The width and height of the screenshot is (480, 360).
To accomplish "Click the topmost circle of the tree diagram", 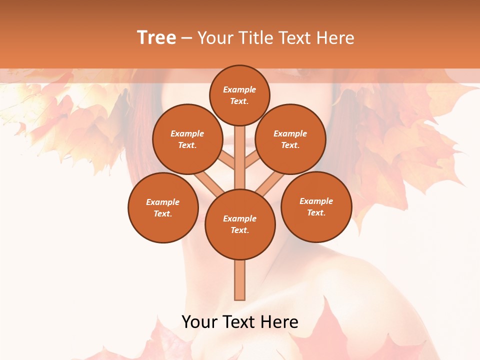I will tap(239, 95).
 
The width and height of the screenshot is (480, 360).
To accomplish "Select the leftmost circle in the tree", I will tap(163, 207).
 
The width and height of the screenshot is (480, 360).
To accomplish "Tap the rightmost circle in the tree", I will tap(316, 206).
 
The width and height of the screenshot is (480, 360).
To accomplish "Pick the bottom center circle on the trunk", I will tap(240, 224).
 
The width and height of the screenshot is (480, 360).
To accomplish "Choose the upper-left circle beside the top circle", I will tap(187, 139).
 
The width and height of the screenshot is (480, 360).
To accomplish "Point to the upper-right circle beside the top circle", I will tap(290, 139).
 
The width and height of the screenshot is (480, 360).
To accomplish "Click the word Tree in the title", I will tap(156, 37).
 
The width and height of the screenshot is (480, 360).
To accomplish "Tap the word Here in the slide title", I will tap(335, 37).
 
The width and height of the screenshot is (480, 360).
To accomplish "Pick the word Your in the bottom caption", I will tap(199, 322).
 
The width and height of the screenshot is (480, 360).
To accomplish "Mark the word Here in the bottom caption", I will tap(281, 322).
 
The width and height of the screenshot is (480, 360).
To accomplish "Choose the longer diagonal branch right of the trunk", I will tap(267, 183).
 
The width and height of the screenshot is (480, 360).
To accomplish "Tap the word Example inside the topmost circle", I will tap(239, 89).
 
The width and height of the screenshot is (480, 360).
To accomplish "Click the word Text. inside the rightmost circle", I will tap(316, 212).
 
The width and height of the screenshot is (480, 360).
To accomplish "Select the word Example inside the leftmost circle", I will tap(163, 202).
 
